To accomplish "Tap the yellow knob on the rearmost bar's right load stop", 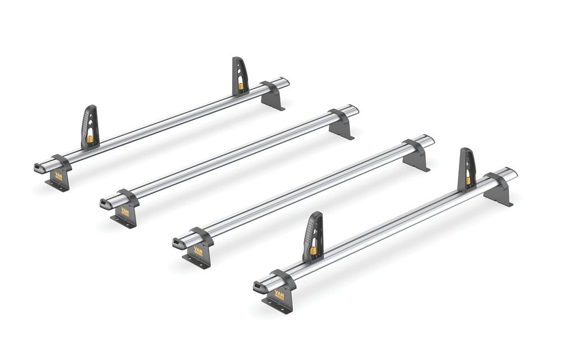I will (x=241, y=86).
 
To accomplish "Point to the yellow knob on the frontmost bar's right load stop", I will (x=467, y=180).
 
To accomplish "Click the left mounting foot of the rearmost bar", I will (x=58, y=180).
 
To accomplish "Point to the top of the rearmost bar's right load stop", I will (x=237, y=59).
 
